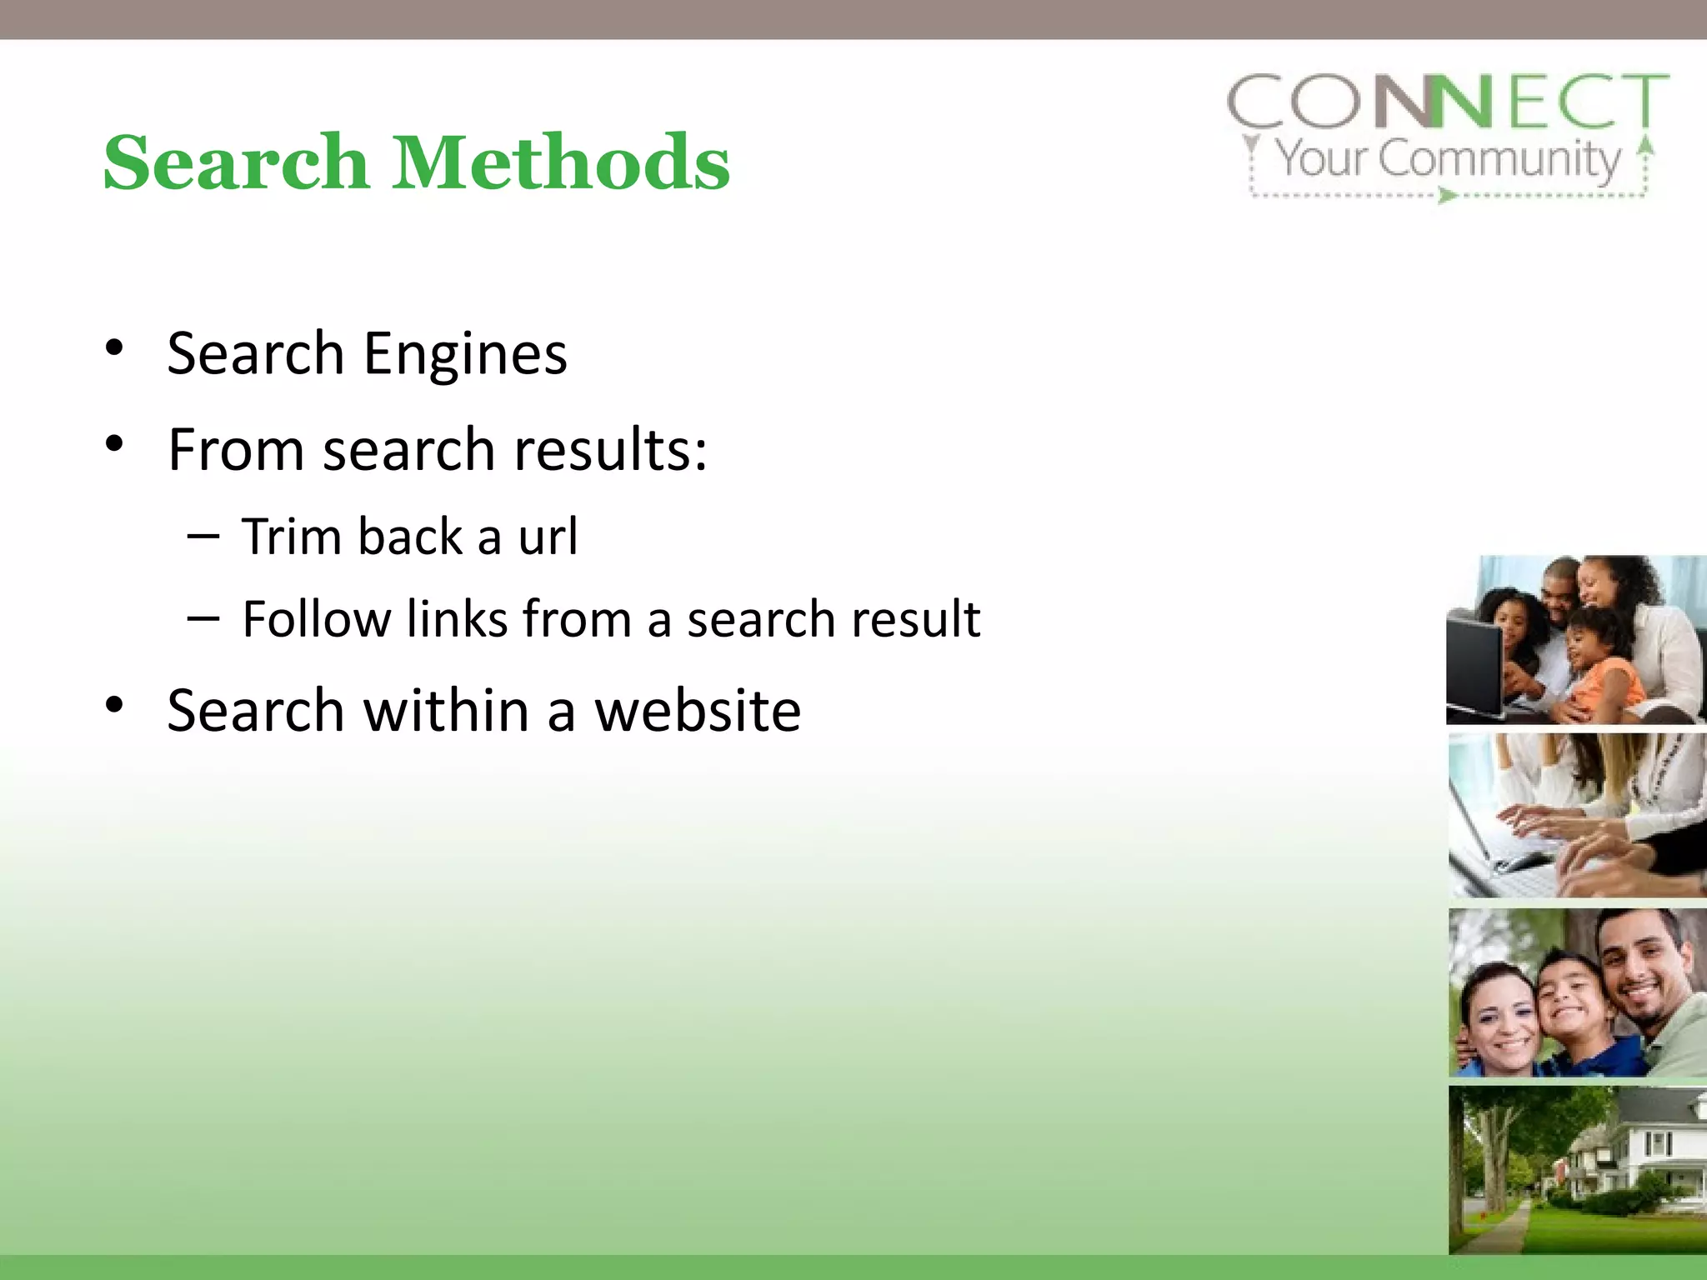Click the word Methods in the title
tap(561, 162)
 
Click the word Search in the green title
tap(236, 162)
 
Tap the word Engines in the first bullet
tap(465, 354)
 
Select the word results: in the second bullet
tap(610, 450)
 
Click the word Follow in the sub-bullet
tap(315, 619)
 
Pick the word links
tap(457, 619)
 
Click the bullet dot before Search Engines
tap(115, 347)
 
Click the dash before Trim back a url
tap(203, 536)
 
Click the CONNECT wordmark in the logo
tap(1448, 102)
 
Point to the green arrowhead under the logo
tap(1448, 197)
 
